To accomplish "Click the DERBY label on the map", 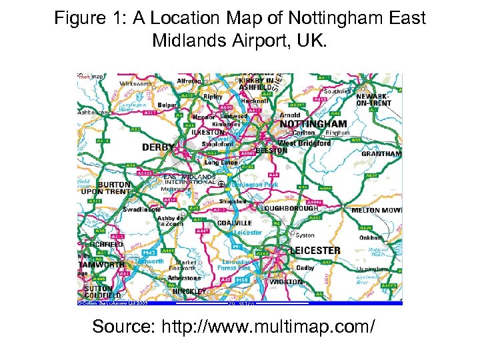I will tap(158, 147).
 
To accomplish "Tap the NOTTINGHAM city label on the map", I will tap(313, 124).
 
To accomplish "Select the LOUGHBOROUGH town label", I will tap(291, 208).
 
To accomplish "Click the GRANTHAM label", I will tap(381, 154).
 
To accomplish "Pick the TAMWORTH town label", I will tap(101, 265).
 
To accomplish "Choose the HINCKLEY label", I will tap(189, 291).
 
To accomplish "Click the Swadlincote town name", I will tap(141, 209).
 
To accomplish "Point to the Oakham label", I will tap(371, 237).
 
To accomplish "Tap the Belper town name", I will tap(167, 105).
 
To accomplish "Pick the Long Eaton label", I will tap(221, 162).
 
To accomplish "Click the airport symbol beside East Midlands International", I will tap(221, 182).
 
